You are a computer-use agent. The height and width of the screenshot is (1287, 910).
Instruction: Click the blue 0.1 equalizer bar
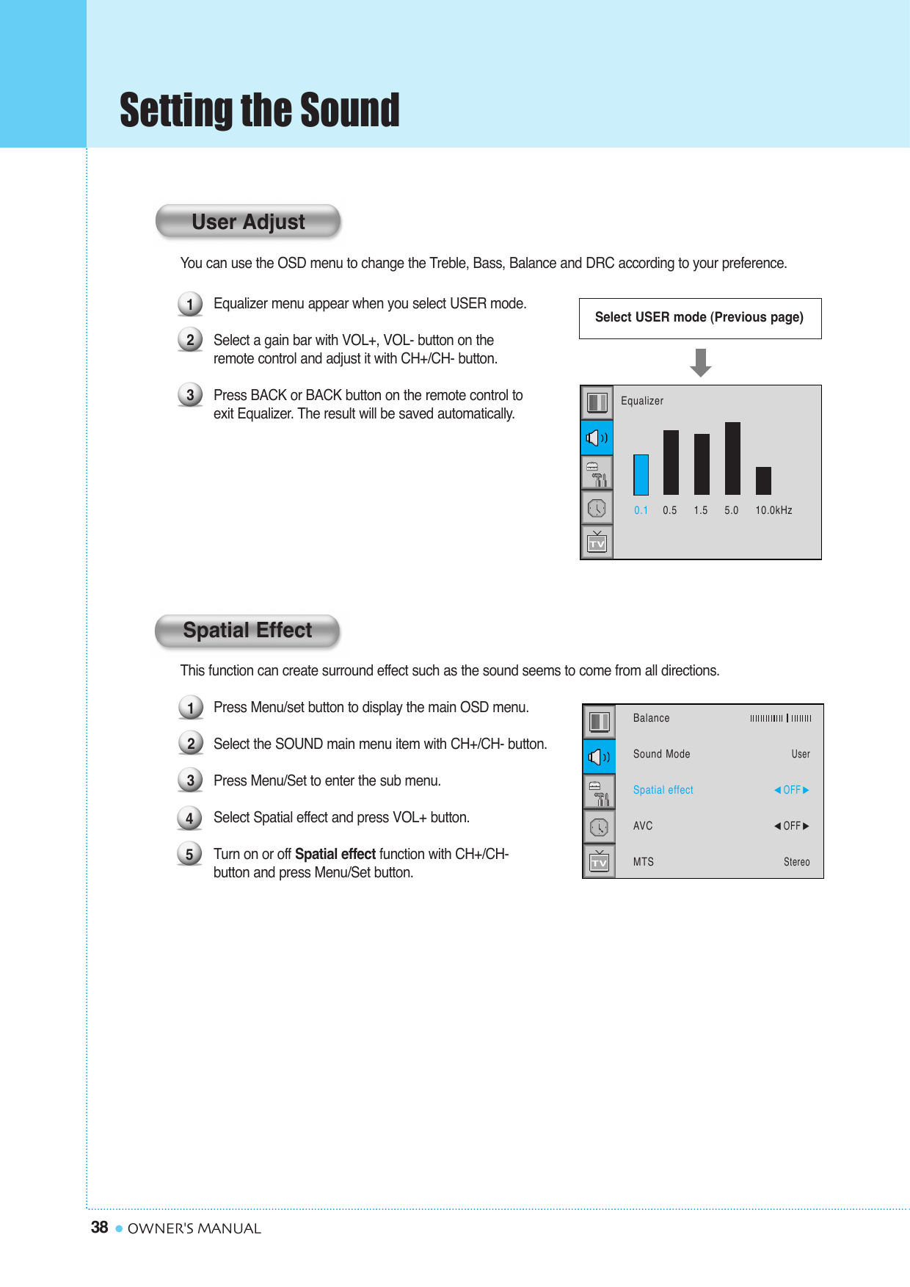641,475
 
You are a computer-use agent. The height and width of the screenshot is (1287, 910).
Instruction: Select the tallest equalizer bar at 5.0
732,458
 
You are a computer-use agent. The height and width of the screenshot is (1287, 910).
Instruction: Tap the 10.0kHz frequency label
773,510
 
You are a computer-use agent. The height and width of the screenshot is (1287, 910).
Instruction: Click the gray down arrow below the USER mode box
701,363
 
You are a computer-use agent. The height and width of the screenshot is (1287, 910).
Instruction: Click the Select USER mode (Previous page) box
699,318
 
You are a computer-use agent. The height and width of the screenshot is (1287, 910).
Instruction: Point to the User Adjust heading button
248,222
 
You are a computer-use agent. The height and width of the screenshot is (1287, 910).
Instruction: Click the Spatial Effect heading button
247,631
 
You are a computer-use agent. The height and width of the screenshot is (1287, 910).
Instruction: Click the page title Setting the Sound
259,111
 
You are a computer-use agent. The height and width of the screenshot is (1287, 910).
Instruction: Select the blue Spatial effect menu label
663,790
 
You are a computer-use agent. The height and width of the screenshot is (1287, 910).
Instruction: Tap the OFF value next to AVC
791,826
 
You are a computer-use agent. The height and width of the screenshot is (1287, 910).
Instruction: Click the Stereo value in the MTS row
796,862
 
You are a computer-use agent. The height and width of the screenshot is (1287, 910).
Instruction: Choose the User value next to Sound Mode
800,754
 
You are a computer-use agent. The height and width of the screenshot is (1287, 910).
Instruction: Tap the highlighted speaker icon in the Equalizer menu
597,438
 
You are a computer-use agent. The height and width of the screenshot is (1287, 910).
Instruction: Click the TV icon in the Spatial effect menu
599,861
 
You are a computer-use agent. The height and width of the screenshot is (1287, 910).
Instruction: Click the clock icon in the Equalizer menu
597,508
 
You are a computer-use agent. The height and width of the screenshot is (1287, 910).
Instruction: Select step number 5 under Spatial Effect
189,854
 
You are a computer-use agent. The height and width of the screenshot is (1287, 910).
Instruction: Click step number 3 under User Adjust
190,395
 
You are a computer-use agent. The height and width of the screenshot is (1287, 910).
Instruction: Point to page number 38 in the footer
99,1228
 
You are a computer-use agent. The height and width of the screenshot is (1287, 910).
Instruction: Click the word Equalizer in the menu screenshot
641,401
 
